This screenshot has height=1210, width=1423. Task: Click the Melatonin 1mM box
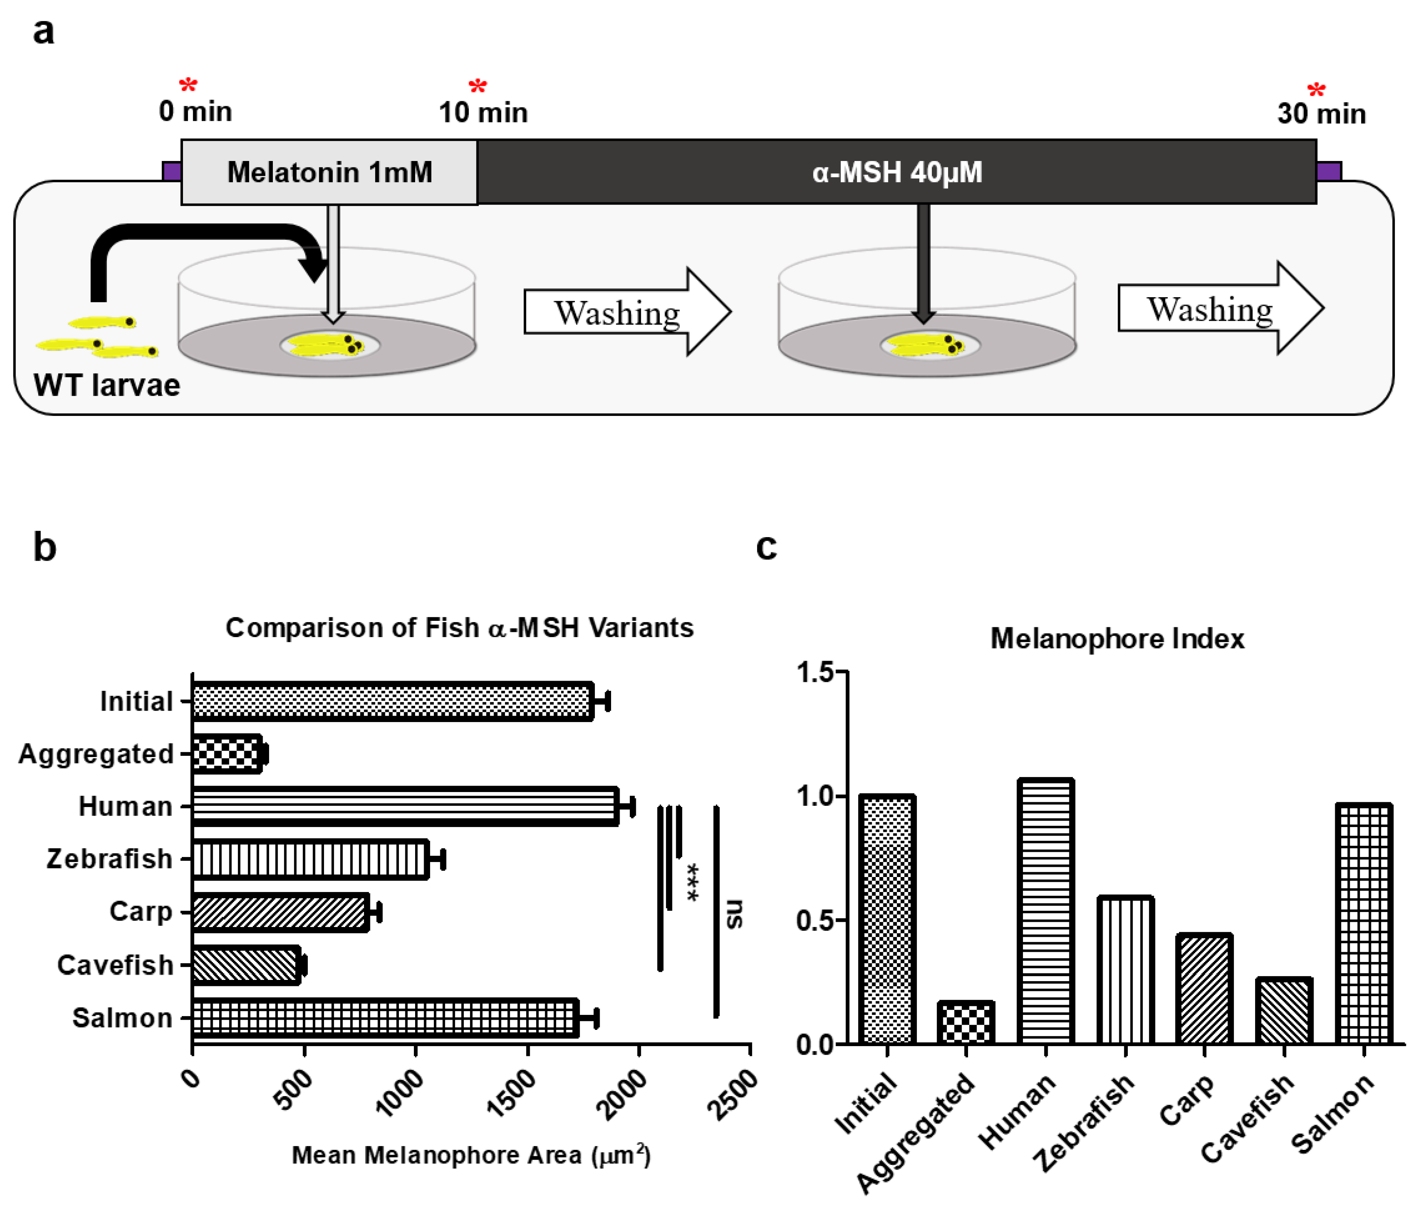(x=329, y=172)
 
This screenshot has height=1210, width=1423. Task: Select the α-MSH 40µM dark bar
(x=896, y=172)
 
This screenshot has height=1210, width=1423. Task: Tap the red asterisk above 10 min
(x=477, y=87)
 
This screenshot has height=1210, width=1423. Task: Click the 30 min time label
(x=1321, y=114)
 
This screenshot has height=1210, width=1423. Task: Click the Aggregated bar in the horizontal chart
(x=226, y=754)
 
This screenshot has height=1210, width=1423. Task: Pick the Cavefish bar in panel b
(x=246, y=965)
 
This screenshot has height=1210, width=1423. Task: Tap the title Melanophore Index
(x=1116, y=639)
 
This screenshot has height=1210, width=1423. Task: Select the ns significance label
(x=734, y=913)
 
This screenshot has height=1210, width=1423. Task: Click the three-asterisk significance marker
(x=693, y=882)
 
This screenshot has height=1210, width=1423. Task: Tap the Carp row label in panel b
(x=141, y=912)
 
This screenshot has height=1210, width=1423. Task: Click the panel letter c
(x=766, y=547)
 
